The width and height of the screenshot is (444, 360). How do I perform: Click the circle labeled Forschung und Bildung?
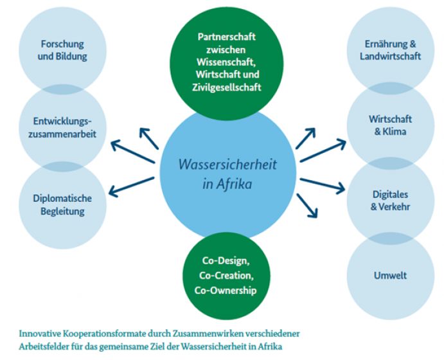pos(62,50)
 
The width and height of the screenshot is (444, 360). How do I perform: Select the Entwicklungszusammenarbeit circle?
pos(62,126)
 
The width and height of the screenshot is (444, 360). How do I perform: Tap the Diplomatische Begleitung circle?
pos(62,204)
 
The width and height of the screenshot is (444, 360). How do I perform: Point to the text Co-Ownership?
pos(225,291)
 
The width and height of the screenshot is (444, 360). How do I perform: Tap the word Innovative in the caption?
pos(38,334)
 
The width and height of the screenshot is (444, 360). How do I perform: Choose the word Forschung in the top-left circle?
pos(62,44)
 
